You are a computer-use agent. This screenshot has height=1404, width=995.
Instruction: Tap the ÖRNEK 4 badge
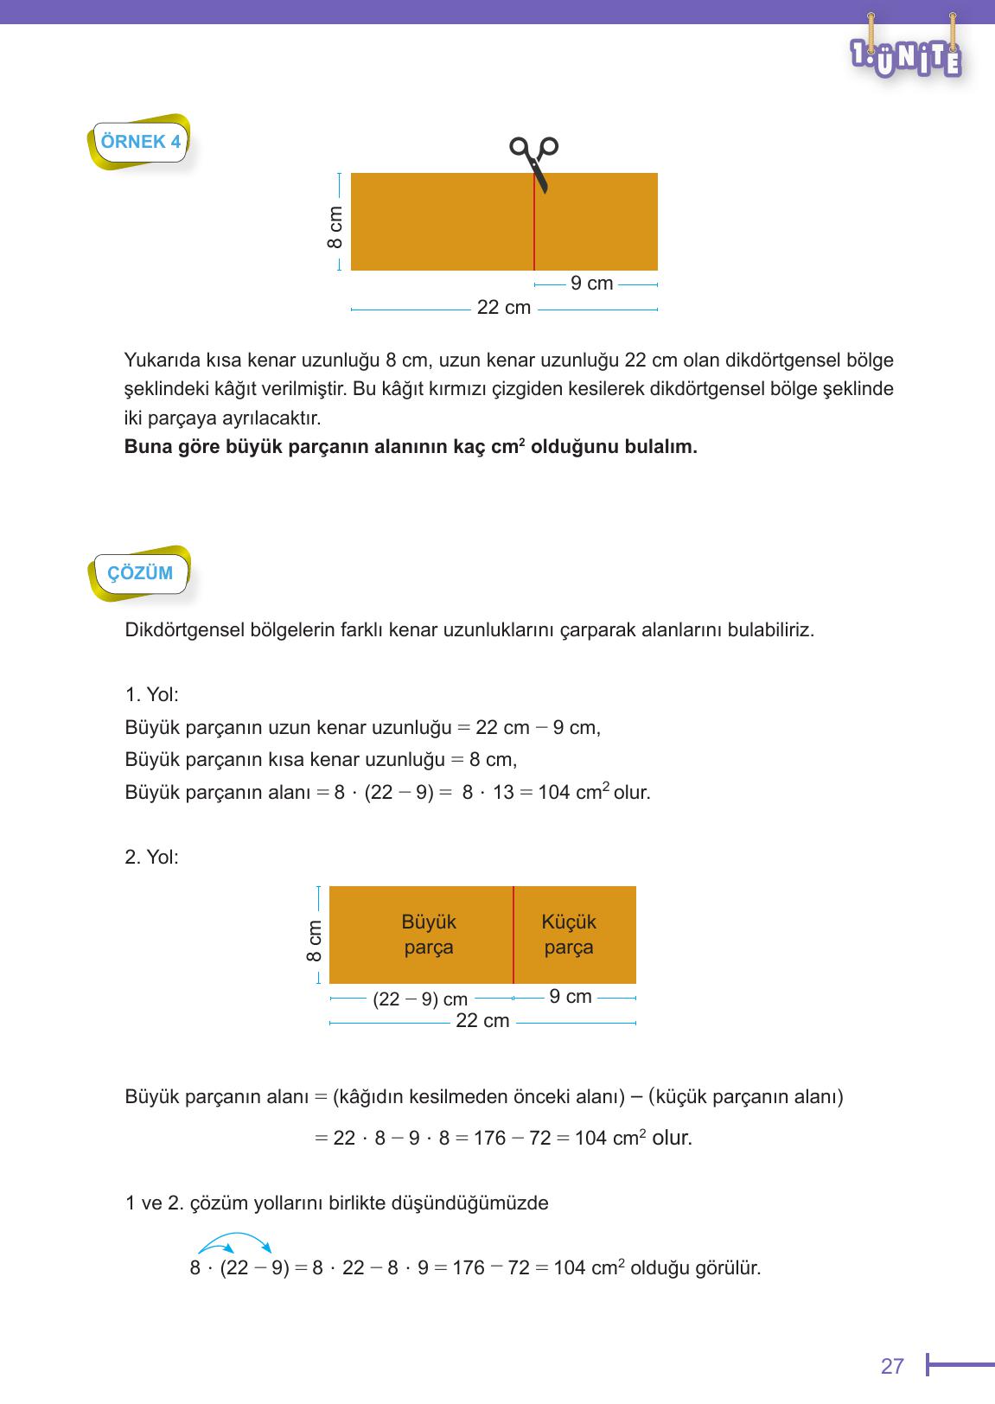pos(141,142)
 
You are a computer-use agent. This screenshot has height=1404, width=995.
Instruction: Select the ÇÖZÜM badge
pos(140,572)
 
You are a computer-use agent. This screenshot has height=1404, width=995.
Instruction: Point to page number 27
pos(892,1366)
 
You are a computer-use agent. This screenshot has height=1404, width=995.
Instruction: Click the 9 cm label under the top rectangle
pos(591,284)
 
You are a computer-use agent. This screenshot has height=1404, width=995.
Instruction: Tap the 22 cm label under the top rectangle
pos(504,308)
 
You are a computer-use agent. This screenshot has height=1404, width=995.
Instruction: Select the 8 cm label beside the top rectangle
pos(335,227)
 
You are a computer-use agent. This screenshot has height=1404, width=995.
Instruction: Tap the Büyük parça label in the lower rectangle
pos(429,935)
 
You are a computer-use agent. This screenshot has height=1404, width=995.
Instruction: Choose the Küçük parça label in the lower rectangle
pos(569,935)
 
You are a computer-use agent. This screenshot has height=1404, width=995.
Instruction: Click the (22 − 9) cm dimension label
pos(420,999)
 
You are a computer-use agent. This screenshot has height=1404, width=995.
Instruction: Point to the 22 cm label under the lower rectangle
pos(482,1021)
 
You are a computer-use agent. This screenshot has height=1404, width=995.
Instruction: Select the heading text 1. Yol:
pos(152,695)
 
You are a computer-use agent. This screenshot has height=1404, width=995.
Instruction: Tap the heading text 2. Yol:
pos(152,858)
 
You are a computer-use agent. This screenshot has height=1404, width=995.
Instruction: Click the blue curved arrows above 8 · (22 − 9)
pos(235,1243)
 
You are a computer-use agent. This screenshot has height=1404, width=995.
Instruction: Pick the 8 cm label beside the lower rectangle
pos(315,940)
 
